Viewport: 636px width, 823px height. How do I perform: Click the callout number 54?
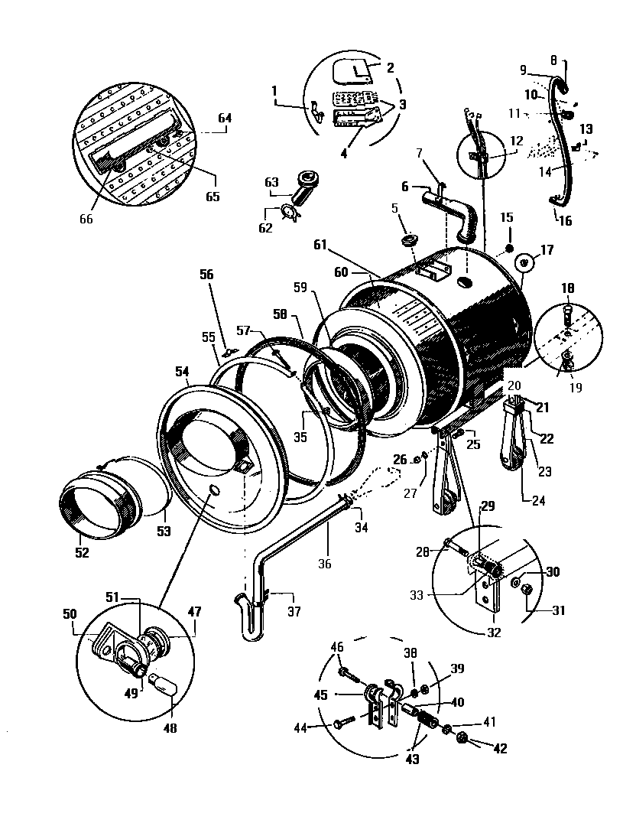[181, 371]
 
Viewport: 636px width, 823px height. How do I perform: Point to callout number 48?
[169, 728]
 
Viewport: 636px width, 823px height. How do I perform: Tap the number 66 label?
[86, 219]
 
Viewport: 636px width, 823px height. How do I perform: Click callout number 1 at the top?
[274, 90]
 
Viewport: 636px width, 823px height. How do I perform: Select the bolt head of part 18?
[567, 312]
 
